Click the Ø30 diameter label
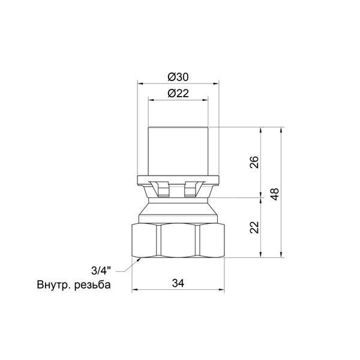click(178, 77)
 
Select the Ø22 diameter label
click(178, 94)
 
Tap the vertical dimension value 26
click(254, 162)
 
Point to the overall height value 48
click(275, 194)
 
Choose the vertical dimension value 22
click(254, 227)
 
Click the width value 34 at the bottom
click(178, 283)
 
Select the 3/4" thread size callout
click(101, 271)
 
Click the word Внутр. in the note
click(54, 285)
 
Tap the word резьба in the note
click(93, 285)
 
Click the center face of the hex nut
click(178, 241)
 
